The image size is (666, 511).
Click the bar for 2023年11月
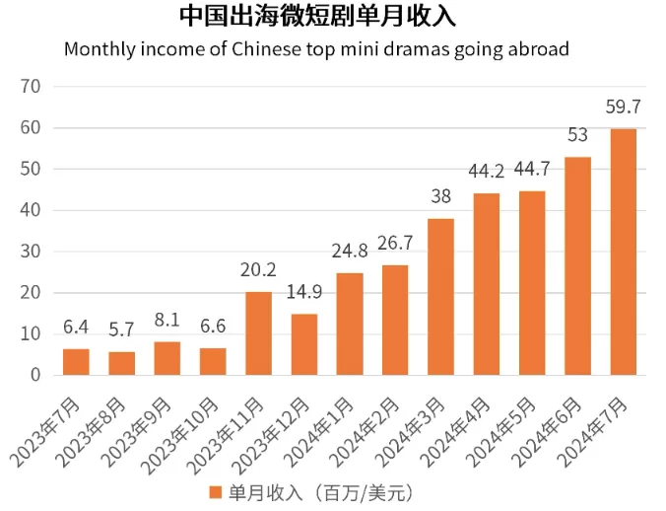(259, 333)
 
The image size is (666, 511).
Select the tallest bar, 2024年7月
(623, 252)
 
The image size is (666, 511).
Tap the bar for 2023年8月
(122, 363)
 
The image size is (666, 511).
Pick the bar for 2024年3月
(441, 297)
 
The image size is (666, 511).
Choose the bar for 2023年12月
(304, 344)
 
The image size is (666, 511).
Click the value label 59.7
(623, 107)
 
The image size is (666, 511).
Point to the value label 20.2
(258, 270)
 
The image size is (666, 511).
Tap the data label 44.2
(487, 172)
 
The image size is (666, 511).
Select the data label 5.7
(121, 329)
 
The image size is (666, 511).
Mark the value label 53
(577, 135)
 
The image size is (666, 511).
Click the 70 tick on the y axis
(31, 87)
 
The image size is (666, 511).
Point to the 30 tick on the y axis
(31, 252)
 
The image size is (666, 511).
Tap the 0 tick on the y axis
(35, 375)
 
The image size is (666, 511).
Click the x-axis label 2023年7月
(45, 432)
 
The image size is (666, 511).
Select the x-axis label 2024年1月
(318, 432)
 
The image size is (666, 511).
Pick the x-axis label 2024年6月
(547, 432)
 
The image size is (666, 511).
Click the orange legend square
(216, 492)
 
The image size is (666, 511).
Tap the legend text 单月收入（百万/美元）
(321, 493)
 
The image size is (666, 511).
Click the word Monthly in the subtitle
(100, 49)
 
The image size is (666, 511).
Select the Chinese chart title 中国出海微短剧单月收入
(317, 17)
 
